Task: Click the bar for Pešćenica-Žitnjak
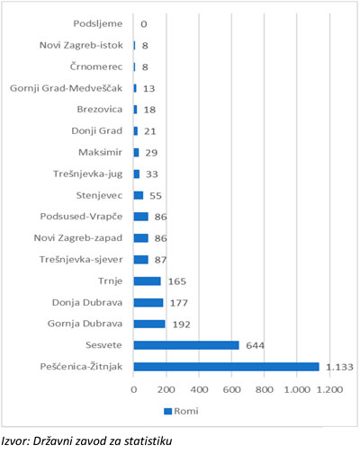point(227,367)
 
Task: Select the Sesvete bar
point(186,345)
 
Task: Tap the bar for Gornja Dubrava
point(149,324)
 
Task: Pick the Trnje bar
point(148,281)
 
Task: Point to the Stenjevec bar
point(139,195)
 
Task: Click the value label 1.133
point(339,367)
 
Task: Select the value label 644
point(256,345)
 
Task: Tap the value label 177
point(179,303)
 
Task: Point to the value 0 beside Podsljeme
point(144,24)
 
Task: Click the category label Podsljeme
point(98,24)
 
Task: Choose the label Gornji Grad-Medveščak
point(67,88)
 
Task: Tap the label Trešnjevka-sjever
point(81,260)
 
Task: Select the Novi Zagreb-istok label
point(81,45)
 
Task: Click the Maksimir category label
point(100,152)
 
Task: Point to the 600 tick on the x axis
point(231,389)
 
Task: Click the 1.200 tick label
point(329,389)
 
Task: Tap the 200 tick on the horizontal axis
point(166,389)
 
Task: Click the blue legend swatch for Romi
point(168,411)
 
